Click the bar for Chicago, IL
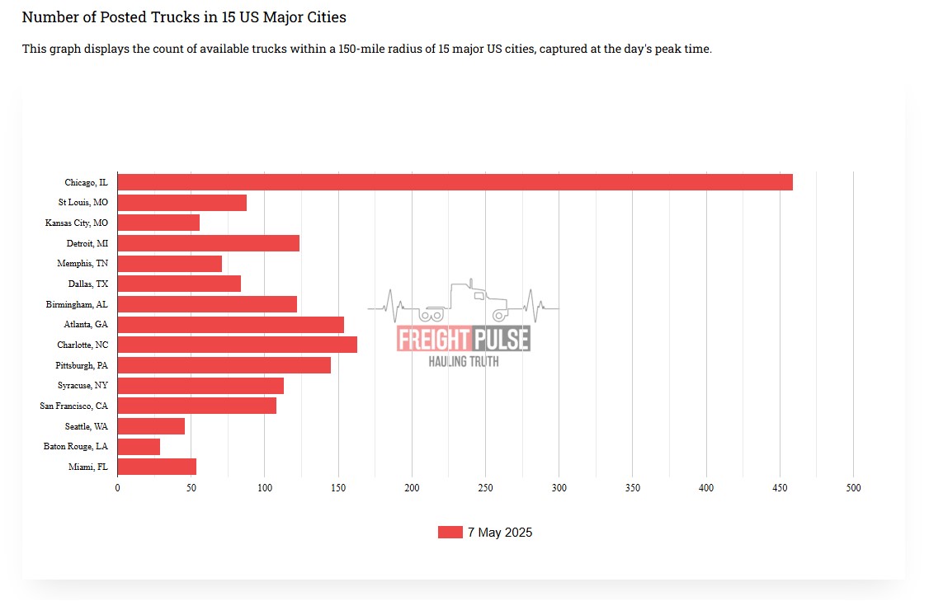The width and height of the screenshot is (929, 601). coord(455,182)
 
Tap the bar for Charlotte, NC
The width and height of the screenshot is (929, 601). coord(238,345)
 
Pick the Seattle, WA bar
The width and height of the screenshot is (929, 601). coord(151,426)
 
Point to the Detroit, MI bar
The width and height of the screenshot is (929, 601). coord(209,243)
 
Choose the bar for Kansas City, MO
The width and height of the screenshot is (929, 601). coord(158,223)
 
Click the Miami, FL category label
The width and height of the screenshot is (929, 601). coord(87,467)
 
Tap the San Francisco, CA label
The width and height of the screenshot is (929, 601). coord(73,406)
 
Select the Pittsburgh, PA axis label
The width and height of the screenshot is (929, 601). coord(82,365)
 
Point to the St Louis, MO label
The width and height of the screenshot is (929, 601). coord(83,202)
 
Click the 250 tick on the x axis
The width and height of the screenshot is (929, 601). coord(485,488)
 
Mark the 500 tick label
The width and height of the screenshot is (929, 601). coord(853,488)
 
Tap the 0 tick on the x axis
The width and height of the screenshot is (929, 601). coord(117,488)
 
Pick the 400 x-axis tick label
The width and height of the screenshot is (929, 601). coord(706,488)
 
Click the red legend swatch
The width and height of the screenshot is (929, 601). coord(450,533)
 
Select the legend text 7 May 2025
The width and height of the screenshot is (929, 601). coord(500,533)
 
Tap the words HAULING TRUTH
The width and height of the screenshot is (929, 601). coord(463,361)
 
